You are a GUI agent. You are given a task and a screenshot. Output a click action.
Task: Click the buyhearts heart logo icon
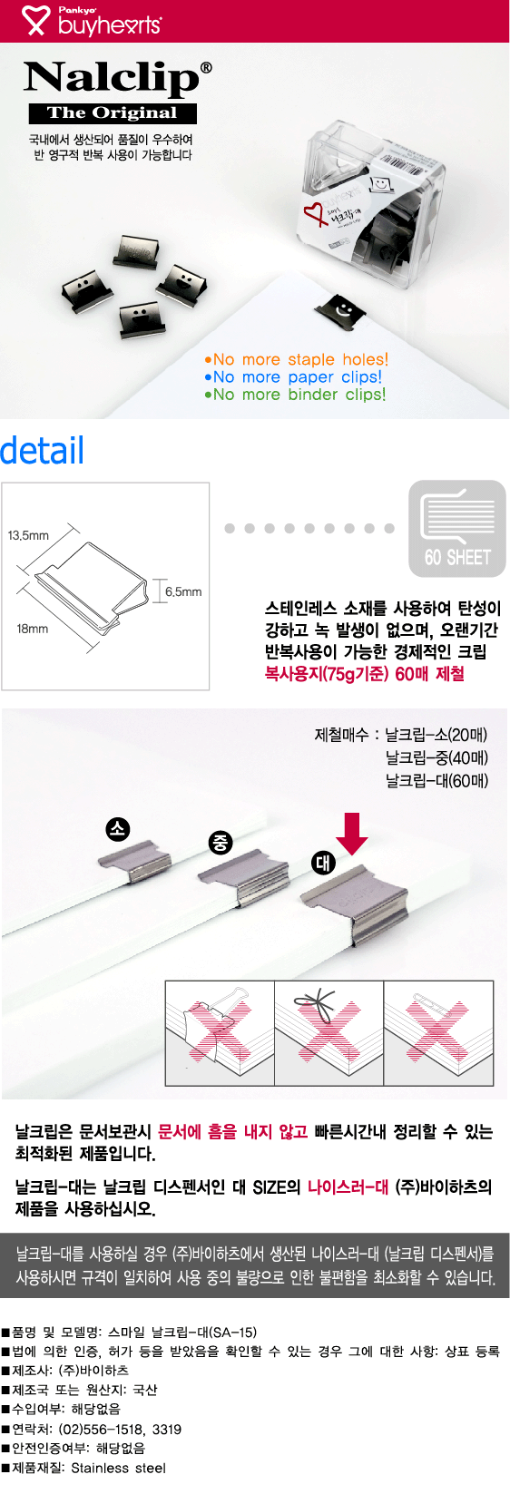[35, 20]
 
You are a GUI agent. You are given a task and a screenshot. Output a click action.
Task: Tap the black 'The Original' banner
[113, 113]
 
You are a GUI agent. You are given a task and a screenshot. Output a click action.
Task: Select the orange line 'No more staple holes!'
[297, 359]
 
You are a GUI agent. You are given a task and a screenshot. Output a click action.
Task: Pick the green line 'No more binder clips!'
[295, 395]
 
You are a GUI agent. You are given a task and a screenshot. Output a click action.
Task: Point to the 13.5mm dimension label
[28, 535]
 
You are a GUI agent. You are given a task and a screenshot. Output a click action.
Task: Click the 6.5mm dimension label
[183, 591]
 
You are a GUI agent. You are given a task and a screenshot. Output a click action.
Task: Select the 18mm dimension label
[32, 629]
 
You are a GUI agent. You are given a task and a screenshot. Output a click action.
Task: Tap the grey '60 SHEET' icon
[457, 528]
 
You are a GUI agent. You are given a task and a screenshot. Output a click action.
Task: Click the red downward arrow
[352, 833]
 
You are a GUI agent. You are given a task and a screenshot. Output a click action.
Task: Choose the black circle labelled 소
[117, 829]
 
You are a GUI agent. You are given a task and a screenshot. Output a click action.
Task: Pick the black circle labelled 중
[221, 843]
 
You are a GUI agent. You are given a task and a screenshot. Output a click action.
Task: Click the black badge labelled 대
[323, 863]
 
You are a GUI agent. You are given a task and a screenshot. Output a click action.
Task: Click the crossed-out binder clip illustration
[220, 1032]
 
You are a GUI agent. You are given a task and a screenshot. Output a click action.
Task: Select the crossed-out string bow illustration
[329, 1032]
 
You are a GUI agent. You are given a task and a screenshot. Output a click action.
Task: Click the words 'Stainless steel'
[118, 1468]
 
